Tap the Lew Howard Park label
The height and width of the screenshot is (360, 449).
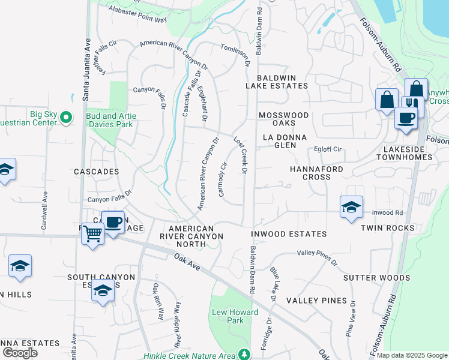click(x=235, y=316)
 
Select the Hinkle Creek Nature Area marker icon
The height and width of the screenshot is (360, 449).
click(x=244, y=355)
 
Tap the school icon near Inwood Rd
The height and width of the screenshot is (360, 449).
click(x=351, y=207)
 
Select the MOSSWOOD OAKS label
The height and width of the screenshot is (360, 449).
click(x=283, y=119)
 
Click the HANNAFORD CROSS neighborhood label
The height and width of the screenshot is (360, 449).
click(x=316, y=173)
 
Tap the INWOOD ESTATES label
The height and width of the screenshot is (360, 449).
click(x=288, y=234)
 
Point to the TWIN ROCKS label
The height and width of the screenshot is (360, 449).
click(x=388, y=228)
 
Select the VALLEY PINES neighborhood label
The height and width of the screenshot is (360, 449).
click(x=316, y=300)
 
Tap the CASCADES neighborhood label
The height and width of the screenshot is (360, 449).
click(x=96, y=172)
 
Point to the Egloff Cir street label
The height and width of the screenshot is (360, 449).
click(x=328, y=149)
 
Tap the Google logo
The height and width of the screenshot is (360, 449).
click(x=20, y=353)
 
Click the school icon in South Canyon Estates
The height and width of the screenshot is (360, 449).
click(x=103, y=292)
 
